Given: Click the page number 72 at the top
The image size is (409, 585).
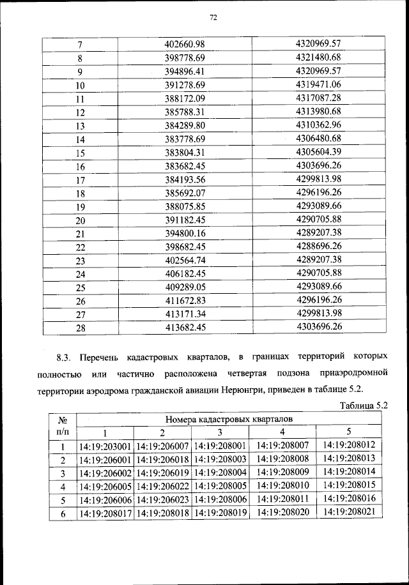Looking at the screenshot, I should pos(213,18).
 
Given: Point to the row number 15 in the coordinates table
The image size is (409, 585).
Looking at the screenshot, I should pos(81,153).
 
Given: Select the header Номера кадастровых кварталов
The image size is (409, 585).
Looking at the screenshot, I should pos(229,419).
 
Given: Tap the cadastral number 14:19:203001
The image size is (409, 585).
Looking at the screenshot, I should pos(105,446).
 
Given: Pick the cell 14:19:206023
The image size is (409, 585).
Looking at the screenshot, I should pos(162,499).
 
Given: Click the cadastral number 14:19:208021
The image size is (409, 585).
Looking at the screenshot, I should pos(349,513).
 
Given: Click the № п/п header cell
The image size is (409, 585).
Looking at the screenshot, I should pos(63,426).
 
